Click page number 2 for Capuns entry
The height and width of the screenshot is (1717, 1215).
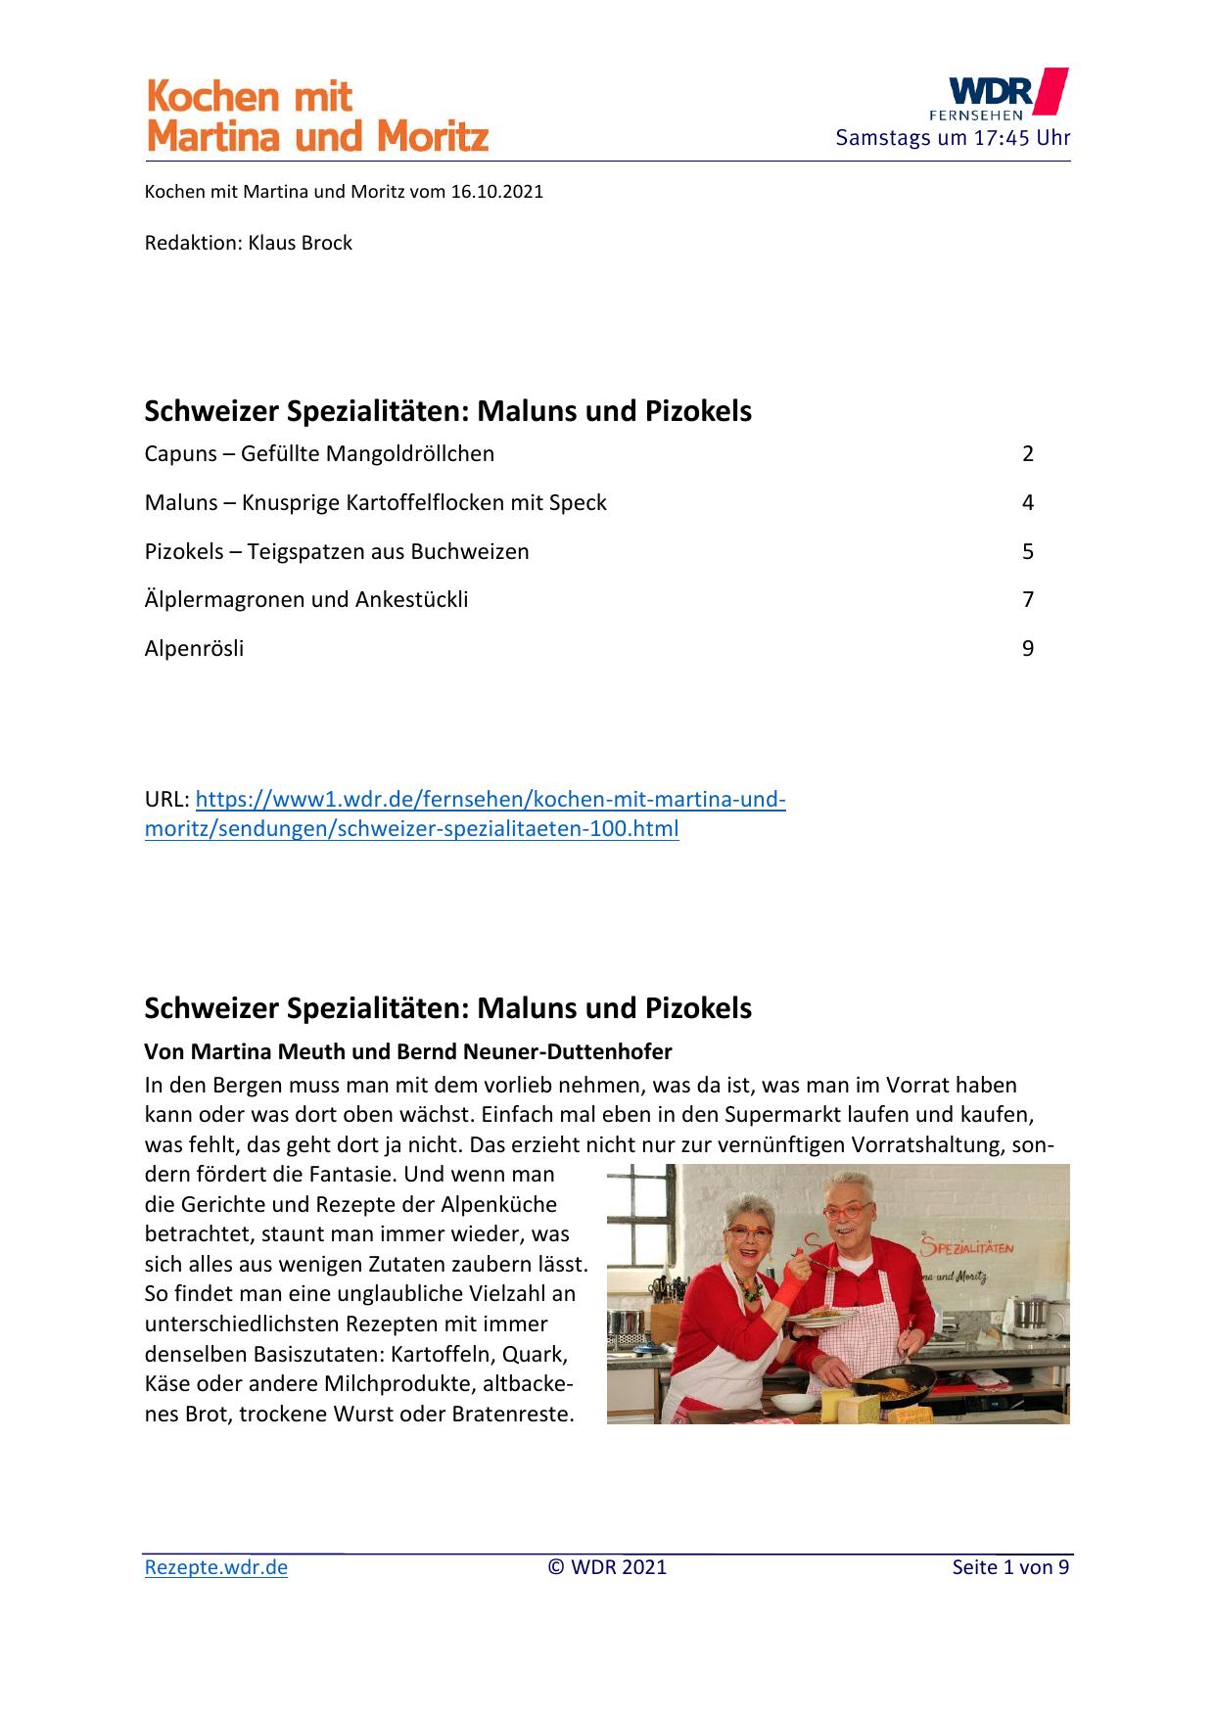pyautogui.click(x=1027, y=454)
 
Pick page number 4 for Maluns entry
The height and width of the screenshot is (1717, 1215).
pyautogui.click(x=1027, y=503)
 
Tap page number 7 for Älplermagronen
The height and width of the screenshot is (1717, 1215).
pyautogui.click(x=1027, y=600)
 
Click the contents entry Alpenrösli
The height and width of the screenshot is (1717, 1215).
pyautogui.click(x=194, y=649)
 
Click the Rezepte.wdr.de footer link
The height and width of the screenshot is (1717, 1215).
pyautogui.click(x=215, y=1567)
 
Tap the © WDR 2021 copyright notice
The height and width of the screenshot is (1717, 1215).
pyautogui.click(x=607, y=1567)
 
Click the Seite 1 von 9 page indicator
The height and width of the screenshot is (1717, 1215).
pyautogui.click(x=1010, y=1567)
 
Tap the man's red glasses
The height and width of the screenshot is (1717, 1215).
pyautogui.click(x=847, y=1213)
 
